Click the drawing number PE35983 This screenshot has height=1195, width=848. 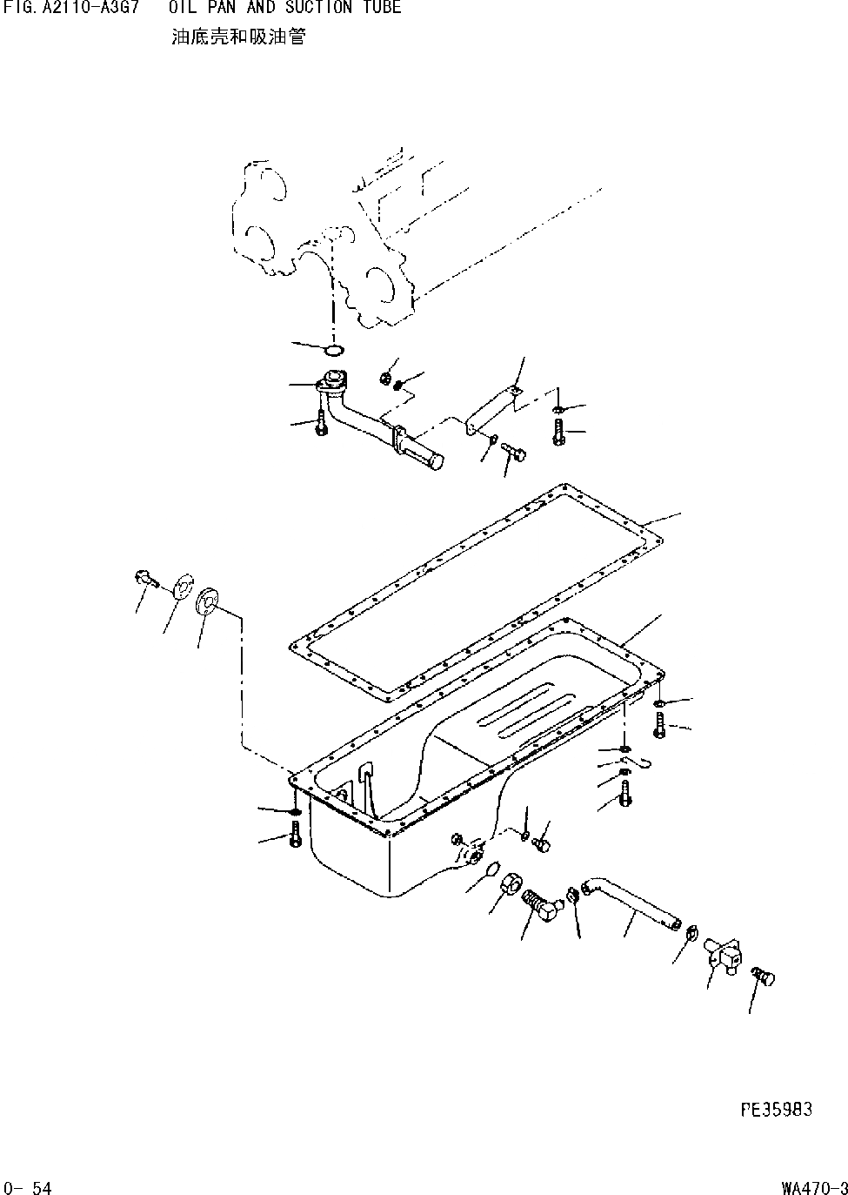pyautogui.click(x=776, y=1108)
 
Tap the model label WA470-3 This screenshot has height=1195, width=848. pyautogui.click(x=813, y=1187)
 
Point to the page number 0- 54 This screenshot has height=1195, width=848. pyautogui.click(x=28, y=1187)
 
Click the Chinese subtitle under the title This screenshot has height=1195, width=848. pyautogui.click(x=238, y=37)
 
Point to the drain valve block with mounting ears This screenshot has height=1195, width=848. pyautogui.click(x=721, y=957)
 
